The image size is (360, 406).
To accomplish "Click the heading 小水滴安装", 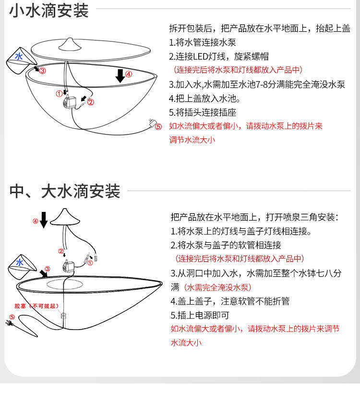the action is click(x=49, y=11).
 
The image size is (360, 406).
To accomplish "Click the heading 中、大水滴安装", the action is click(x=65, y=191).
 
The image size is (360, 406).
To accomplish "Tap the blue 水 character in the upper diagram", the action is click(x=19, y=56).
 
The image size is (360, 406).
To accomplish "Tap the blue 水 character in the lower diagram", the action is click(x=20, y=263).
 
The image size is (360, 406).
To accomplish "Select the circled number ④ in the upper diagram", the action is click(x=128, y=74).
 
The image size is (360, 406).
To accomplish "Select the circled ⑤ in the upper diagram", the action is click(x=158, y=127).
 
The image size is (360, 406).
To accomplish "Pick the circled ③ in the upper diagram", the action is click(x=42, y=71).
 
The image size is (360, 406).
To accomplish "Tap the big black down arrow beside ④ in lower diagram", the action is click(x=44, y=220).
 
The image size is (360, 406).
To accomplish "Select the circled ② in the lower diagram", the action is click(x=61, y=251).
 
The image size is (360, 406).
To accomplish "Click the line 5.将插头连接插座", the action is click(x=203, y=113).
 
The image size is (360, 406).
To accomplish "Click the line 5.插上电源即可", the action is click(x=200, y=315).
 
